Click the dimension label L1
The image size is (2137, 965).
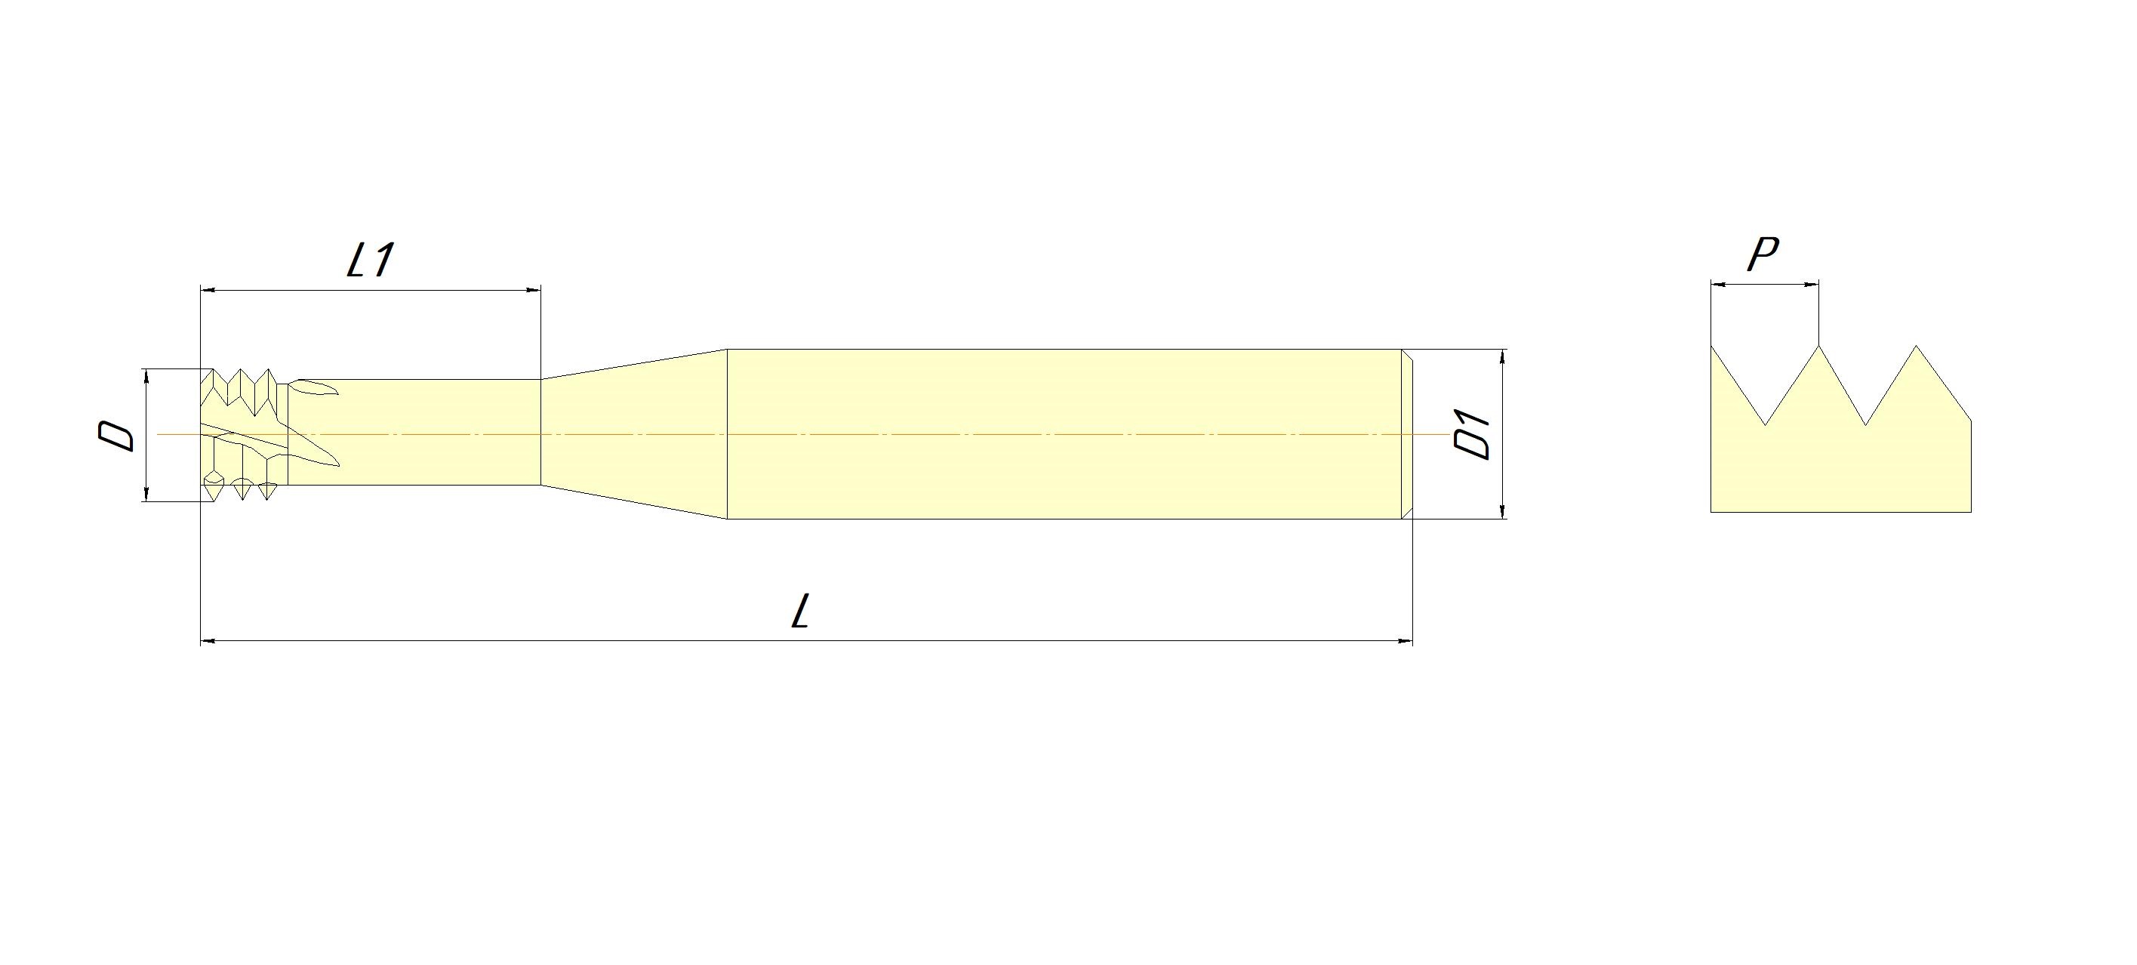[369, 260]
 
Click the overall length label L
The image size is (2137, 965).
[799, 613]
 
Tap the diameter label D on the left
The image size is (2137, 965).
[116, 435]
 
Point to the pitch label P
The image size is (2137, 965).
[1763, 254]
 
